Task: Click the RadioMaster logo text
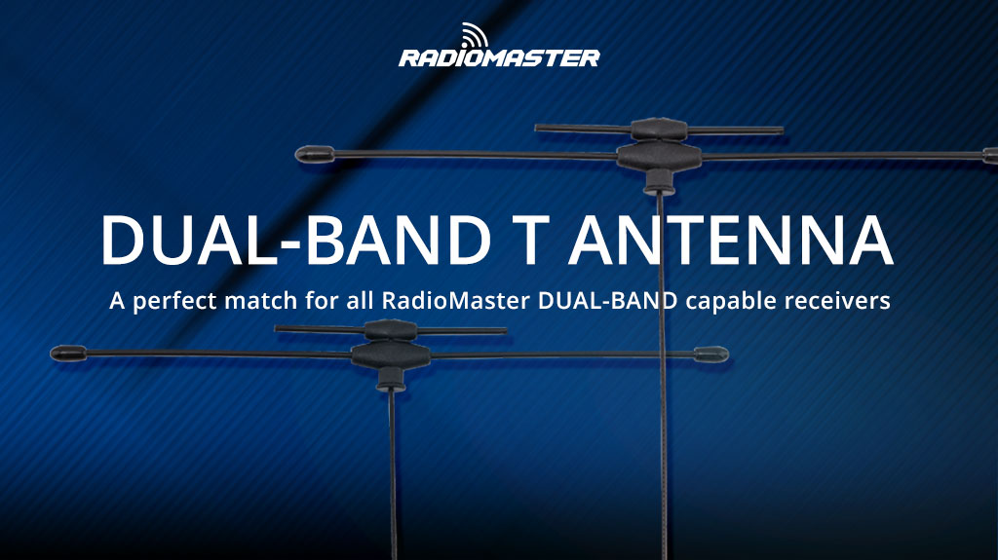point(499,57)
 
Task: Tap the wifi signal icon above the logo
point(476,34)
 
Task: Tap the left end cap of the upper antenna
point(313,154)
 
